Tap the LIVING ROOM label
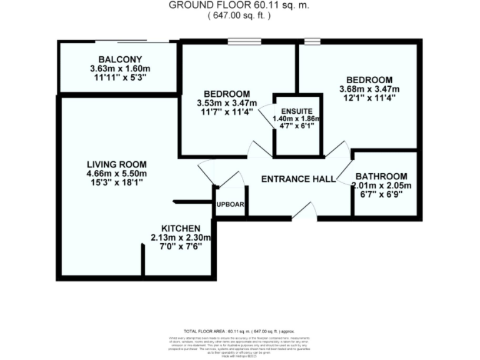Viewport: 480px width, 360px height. point(116,164)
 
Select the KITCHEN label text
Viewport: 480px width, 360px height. point(181,228)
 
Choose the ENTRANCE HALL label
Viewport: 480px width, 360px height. point(298,179)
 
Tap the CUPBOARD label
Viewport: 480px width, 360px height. point(231,204)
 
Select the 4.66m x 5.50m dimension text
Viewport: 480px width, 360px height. point(116,173)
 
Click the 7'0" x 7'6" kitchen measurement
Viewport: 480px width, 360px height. point(181,246)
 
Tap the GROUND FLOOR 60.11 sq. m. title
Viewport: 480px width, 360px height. point(239,6)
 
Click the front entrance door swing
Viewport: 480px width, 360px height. point(304,211)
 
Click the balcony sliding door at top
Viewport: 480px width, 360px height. point(134,42)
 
